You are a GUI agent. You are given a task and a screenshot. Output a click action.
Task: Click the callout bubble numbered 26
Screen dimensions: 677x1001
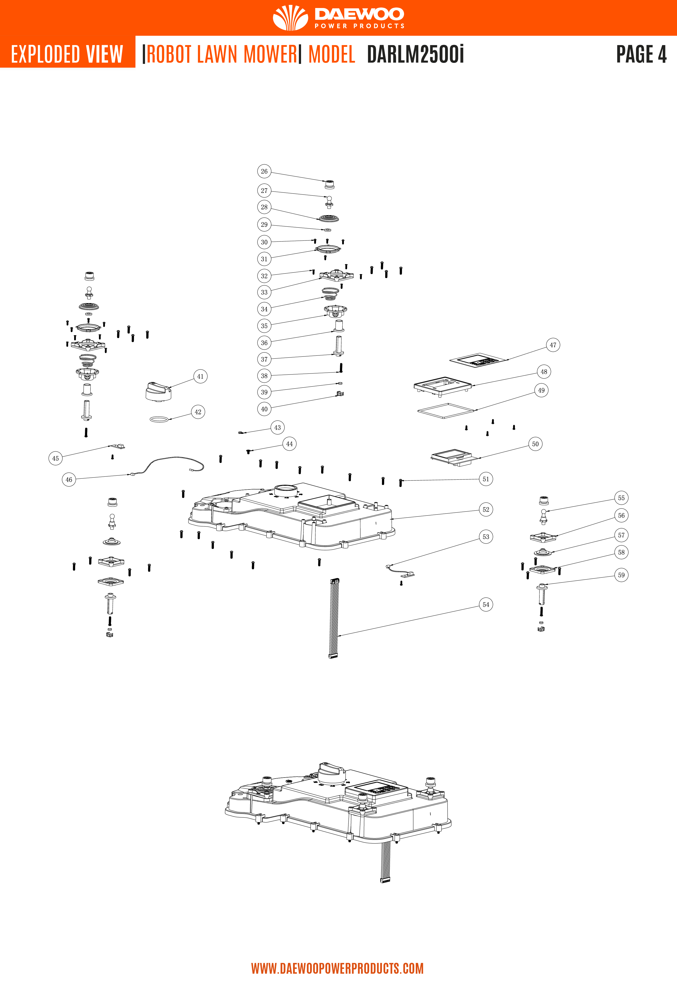264,171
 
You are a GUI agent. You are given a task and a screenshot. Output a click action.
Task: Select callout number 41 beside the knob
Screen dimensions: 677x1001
200,377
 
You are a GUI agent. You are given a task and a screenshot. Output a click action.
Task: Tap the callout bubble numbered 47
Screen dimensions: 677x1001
553,345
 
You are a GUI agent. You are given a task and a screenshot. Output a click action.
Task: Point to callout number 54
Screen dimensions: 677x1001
486,605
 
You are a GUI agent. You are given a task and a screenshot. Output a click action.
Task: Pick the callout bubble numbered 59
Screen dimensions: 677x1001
621,575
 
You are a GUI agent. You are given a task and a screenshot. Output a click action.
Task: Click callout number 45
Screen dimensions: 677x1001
56,458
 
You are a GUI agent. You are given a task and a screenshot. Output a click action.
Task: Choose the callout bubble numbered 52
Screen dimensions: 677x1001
486,510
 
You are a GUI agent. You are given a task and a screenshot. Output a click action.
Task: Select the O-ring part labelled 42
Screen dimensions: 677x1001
159,419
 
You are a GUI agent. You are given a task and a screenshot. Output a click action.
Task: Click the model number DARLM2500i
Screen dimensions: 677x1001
416,54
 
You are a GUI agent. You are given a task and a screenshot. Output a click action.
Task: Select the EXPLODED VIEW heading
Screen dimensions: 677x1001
67,54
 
